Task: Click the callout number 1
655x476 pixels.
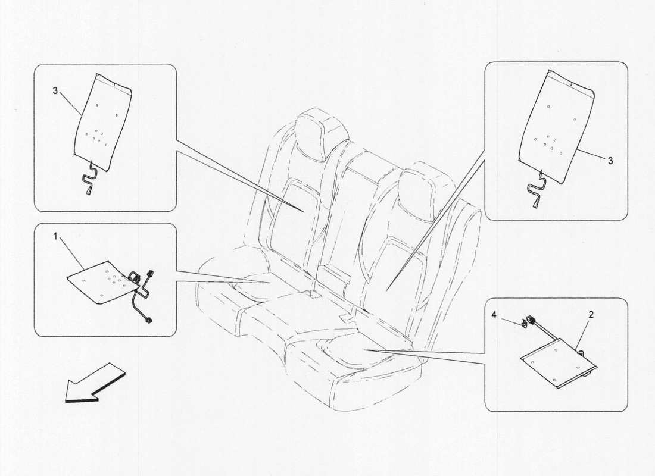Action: pos(55,237)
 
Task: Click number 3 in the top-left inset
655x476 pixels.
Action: pos(55,91)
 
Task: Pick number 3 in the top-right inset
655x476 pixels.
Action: pos(610,161)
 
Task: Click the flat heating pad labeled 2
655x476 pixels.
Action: pos(557,364)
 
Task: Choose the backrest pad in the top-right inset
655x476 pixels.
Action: pos(557,125)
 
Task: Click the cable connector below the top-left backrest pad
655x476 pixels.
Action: pos(89,192)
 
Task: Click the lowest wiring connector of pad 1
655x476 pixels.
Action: pos(149,321)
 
